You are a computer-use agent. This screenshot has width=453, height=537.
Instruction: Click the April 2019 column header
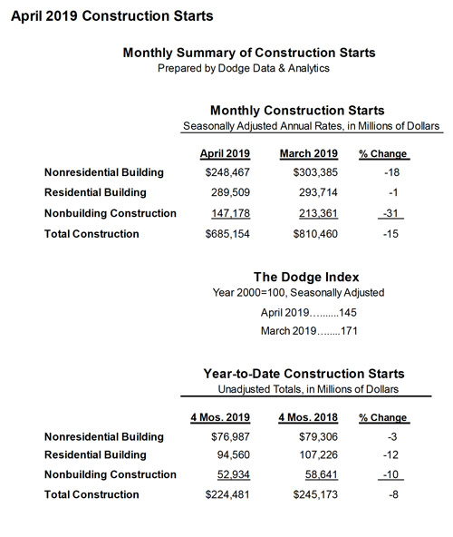[225, 153]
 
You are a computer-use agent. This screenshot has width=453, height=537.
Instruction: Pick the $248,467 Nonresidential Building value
[225, 172]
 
